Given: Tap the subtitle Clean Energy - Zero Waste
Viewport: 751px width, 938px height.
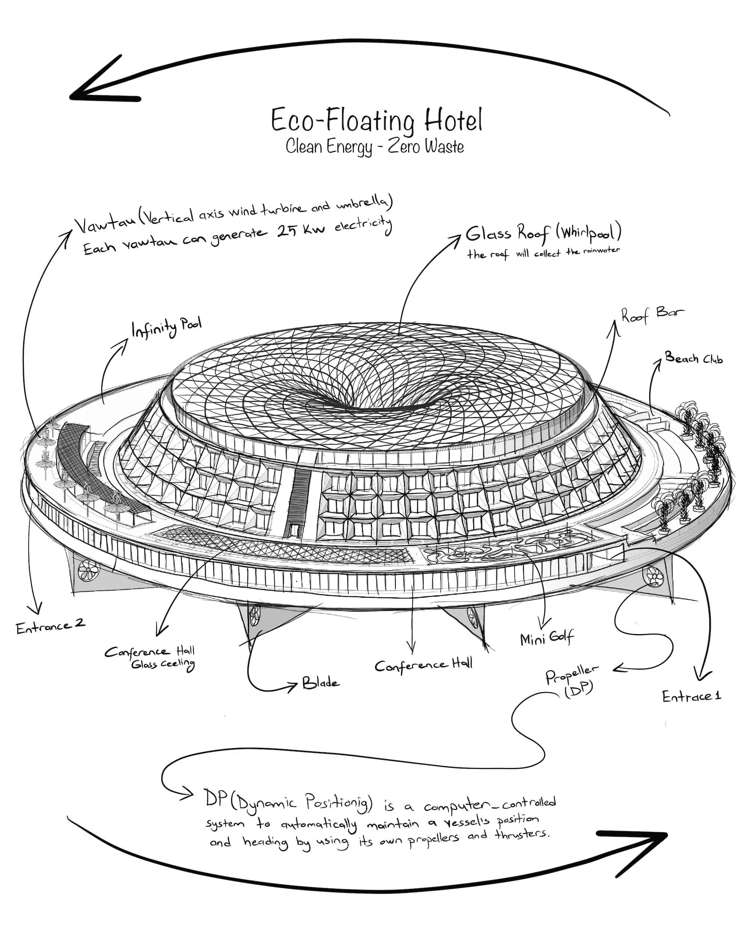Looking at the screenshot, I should point(374,147).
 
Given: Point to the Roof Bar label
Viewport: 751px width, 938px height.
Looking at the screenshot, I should point(652,314).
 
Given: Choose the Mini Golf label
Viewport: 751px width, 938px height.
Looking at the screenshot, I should point(547,638).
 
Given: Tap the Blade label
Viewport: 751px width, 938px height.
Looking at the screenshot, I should point(321,682).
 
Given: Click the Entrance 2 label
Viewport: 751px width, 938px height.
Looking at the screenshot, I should point(50,627).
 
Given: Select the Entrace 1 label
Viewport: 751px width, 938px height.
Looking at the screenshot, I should point(691,696).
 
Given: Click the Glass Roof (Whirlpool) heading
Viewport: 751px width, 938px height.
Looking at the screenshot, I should point(543,234).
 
